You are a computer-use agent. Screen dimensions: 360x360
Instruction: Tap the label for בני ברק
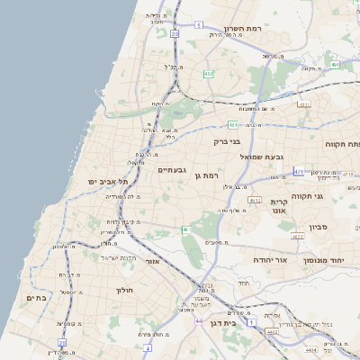click(228, 141)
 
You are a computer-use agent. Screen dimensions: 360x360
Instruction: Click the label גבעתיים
click(171, 169)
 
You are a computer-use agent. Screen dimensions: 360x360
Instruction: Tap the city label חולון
click(124, 290)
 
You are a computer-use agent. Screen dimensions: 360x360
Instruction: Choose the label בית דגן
click(234, 321)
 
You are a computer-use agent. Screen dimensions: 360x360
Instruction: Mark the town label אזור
click(152, 261)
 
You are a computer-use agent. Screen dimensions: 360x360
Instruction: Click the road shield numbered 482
click(208, 74)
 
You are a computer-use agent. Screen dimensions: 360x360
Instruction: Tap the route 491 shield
click(335, 65)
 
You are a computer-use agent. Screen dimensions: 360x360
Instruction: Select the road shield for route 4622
click(297, 236)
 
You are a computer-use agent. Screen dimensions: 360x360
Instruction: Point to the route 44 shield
click(199, 319)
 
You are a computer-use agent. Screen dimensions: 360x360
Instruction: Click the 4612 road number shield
click(255, 201)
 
